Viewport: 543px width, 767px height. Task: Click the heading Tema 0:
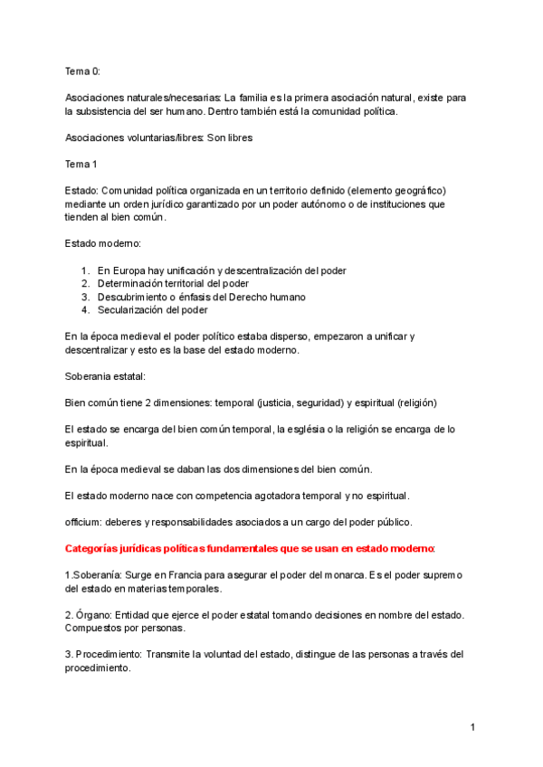click(83, 71)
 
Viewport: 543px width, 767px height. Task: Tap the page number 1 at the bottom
click(472, 727)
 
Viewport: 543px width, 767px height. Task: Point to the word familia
click(261, 97)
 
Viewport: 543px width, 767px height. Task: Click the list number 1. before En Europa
click(85, 270)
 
